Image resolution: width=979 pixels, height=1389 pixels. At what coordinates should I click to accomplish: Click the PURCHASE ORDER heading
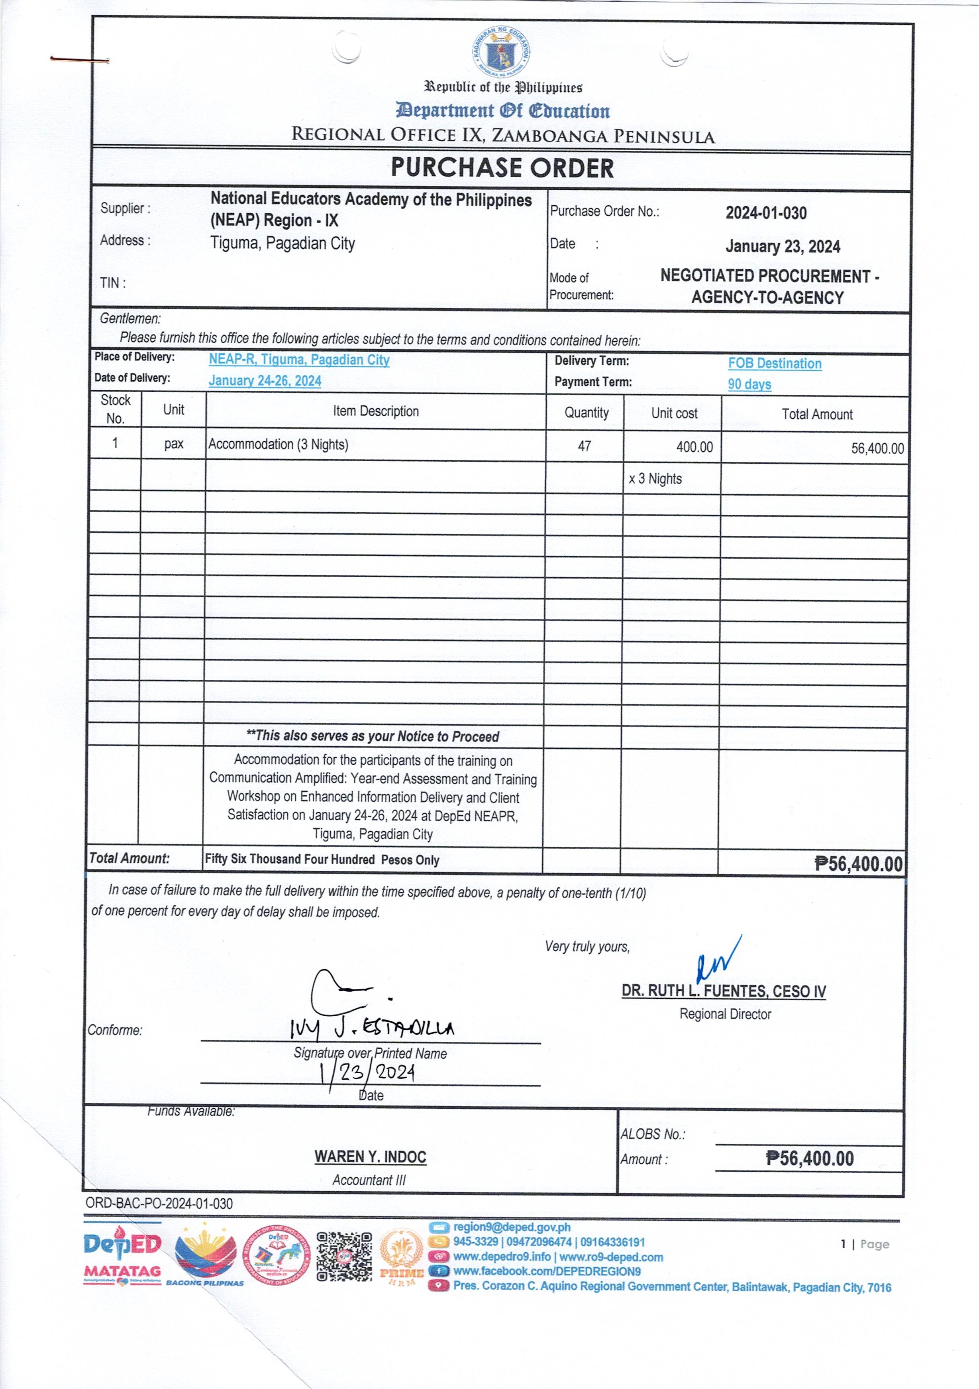502,167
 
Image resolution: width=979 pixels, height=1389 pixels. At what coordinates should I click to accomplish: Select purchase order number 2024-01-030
766,213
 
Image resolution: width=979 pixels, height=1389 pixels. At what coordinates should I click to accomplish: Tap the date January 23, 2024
783,247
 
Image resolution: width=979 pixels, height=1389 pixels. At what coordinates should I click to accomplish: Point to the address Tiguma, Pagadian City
283,243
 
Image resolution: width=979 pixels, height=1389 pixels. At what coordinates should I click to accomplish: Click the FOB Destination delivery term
775,364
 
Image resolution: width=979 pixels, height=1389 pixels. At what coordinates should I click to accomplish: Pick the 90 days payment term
749,384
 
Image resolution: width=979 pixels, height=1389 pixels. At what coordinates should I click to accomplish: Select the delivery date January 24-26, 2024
265,380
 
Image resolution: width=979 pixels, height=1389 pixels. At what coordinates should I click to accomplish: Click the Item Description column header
375,411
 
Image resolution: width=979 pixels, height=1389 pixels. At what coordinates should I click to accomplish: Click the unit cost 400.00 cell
694,447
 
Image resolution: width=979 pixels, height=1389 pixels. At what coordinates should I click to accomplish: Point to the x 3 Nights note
655,478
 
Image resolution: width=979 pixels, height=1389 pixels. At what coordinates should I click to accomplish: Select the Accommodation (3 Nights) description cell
278,445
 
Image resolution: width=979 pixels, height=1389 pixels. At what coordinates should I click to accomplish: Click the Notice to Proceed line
373,736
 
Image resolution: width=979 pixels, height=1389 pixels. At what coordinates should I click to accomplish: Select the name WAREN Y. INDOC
370,1157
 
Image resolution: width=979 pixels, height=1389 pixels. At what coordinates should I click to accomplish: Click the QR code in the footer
344,1257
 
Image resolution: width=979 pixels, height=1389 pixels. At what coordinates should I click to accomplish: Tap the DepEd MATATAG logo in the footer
122,1258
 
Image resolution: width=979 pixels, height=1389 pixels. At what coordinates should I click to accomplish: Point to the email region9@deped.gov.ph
512,1228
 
